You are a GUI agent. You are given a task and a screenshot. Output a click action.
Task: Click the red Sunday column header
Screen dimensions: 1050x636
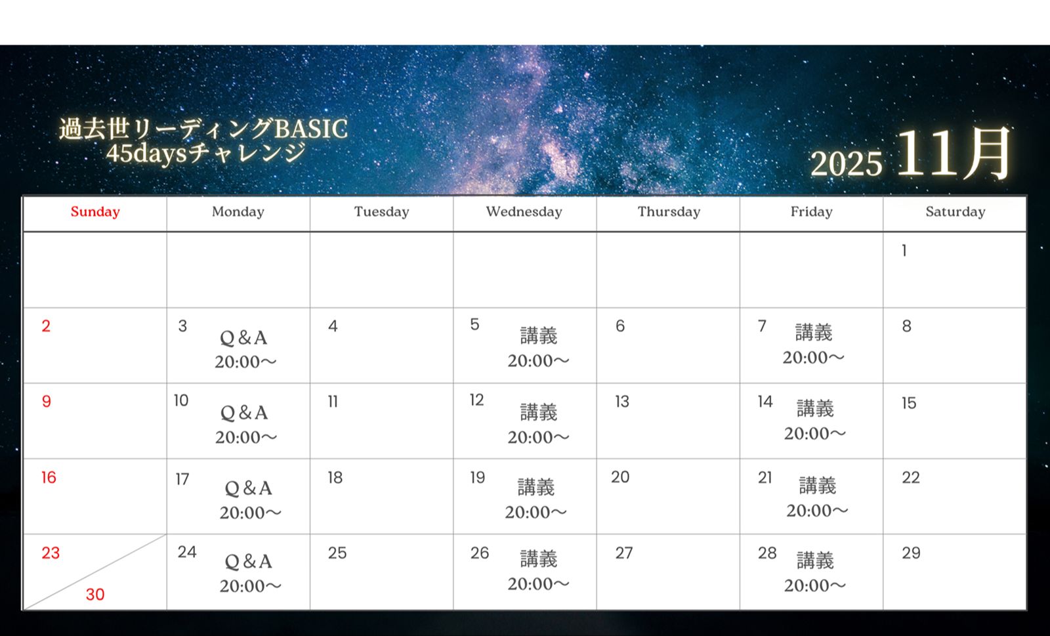pos(95,212)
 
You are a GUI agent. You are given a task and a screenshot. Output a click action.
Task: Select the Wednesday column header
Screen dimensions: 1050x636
pos(524,212)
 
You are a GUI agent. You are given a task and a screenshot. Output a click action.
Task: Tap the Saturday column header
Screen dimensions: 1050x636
pos(955,212)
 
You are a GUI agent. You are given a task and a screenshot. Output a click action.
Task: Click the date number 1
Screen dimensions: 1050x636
pos(904,251)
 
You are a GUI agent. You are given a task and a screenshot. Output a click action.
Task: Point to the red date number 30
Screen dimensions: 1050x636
pos(95,594)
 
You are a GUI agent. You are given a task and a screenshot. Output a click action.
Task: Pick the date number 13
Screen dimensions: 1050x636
pos(622,402)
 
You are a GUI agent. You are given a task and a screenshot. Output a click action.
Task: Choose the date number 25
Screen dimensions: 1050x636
pos(337,553)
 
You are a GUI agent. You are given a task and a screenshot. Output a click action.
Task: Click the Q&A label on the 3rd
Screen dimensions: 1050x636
pos(243,338)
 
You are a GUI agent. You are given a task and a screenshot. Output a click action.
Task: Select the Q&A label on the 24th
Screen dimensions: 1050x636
pos(249,561)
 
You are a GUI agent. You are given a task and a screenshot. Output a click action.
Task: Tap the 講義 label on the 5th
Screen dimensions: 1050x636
pos(539,335)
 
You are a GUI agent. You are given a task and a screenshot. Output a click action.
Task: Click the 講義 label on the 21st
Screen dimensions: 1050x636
pos(818,486)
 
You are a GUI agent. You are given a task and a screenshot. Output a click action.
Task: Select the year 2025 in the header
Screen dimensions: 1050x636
pos(846,163)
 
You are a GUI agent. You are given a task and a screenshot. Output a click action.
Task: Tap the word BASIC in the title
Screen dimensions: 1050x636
pos(311,129)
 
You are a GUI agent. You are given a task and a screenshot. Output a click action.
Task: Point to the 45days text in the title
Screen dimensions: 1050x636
pos(147,153)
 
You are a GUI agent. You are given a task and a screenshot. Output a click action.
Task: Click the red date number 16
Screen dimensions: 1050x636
pos(49,478)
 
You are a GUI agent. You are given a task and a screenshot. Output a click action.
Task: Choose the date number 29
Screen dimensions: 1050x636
pos(912,553)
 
